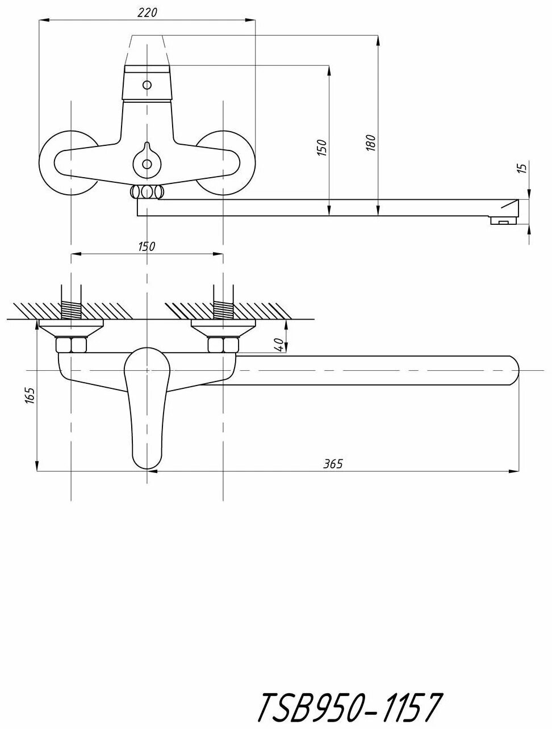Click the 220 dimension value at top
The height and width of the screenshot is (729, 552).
coord(147,12)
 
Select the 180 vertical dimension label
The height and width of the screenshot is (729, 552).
coord(371,143)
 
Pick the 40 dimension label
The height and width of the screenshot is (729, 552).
coord(279,344)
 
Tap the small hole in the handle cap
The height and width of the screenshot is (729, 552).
coord(147,85)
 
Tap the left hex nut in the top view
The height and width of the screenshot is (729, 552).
coord(70,345)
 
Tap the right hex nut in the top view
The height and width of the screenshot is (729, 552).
coord(223,345)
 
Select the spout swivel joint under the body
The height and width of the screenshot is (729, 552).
coord(147,192)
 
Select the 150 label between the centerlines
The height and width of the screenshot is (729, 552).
coord(146,246)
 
